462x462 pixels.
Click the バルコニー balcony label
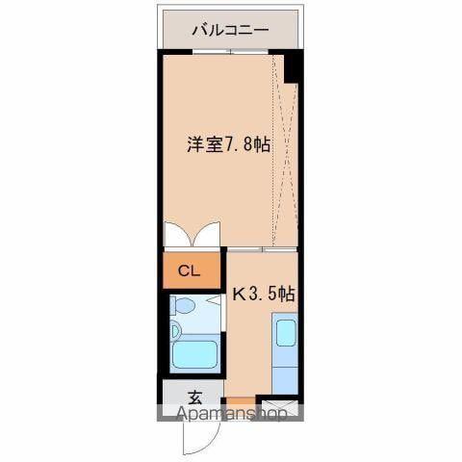tap(230, 29)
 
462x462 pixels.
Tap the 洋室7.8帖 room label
tap(228, 145)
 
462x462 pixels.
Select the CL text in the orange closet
tap(189, 270)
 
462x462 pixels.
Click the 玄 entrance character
tap(194, 397)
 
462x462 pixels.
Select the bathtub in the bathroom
tap(194, 354)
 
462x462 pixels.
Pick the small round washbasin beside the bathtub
tap(176, 331)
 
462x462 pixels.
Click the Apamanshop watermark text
tap(230, 415)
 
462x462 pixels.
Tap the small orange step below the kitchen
tap(241, 401)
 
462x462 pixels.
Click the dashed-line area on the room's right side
tap(285, 154)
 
